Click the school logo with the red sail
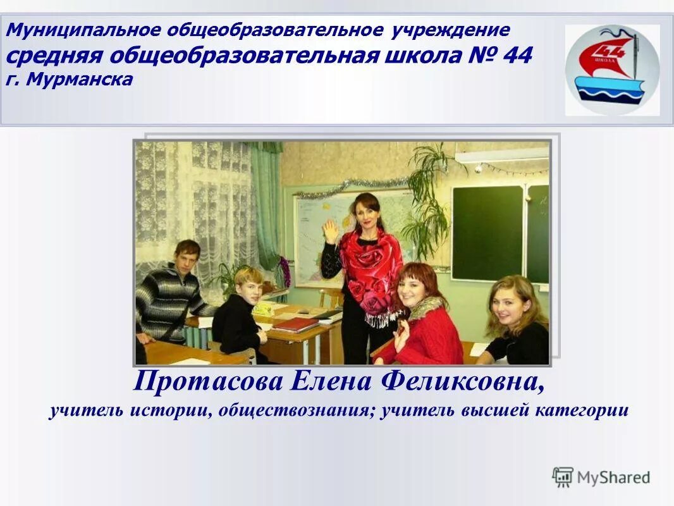pyautogui.click(x=611, y=70)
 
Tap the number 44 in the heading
pyautogui.click(x=517, y=56)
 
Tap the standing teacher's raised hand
pyautogui.click(x=331, y=230)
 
